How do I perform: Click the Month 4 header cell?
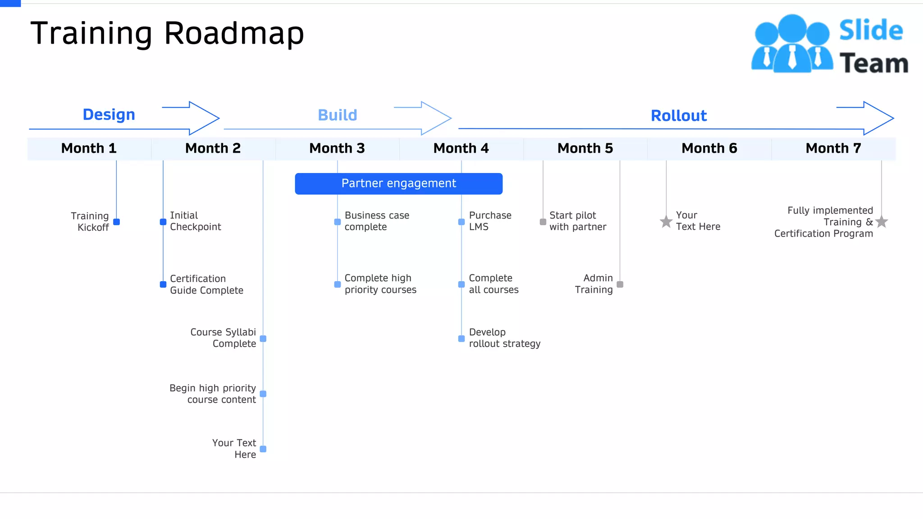[461, 148]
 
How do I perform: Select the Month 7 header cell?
[833, 148]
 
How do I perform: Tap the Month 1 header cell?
[89, 148]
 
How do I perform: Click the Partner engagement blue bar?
[398, 183]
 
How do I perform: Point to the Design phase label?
[109, 114]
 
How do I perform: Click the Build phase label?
[337, 115]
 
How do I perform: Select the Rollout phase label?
[678, 116]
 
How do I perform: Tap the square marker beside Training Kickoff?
[116, 222]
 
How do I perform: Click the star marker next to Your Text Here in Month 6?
[666, 222]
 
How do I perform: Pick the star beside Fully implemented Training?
[882, 222]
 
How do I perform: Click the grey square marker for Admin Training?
[620, 284]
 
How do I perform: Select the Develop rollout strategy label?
[504, 338]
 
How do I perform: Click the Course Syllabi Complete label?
[223, 338]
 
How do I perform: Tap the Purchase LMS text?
[490, 221]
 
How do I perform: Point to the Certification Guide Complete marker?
[163, 284]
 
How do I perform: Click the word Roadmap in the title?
[234, 33]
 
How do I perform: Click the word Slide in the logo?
[871, 31]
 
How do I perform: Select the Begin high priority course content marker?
[263, 394]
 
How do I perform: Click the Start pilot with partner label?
[577, 221]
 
